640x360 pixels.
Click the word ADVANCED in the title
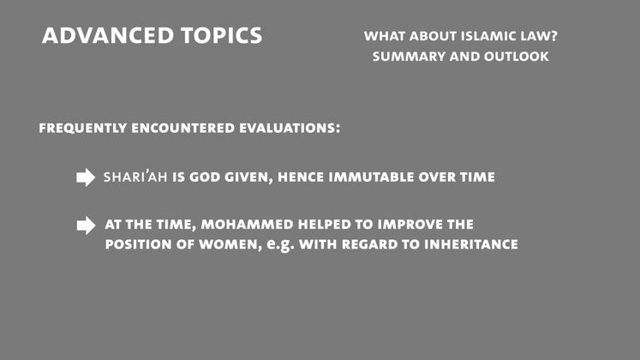click(x=97, y=36)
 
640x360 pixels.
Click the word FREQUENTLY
click(x=81, y=128)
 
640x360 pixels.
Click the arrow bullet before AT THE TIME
click(x=86, y=225)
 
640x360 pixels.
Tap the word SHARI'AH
click(x=135, y=177)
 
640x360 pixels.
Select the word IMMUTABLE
click(x=375, y=177)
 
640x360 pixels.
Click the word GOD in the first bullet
click(x=207, y=177)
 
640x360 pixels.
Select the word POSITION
click(x=140, y=244)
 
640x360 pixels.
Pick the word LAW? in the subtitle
click(x=550, y=37)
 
